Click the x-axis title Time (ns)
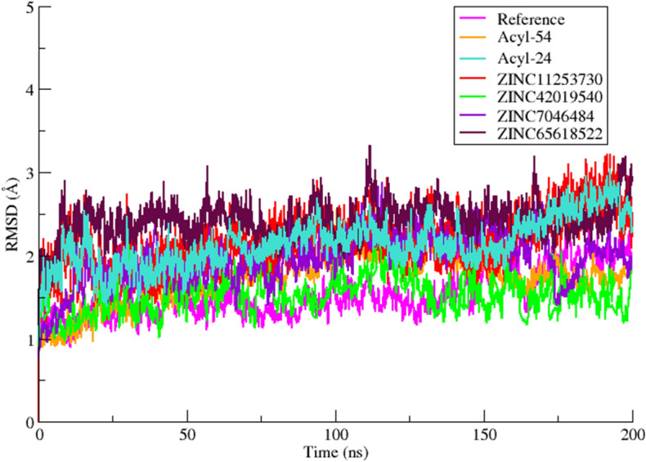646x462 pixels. [336, 451]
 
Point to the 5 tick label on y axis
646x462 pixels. [29, 7]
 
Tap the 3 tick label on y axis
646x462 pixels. [29, 173]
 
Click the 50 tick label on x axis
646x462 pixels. [187, 434]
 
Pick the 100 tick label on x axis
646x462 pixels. [336, 434]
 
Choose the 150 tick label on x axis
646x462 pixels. [485, 434]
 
